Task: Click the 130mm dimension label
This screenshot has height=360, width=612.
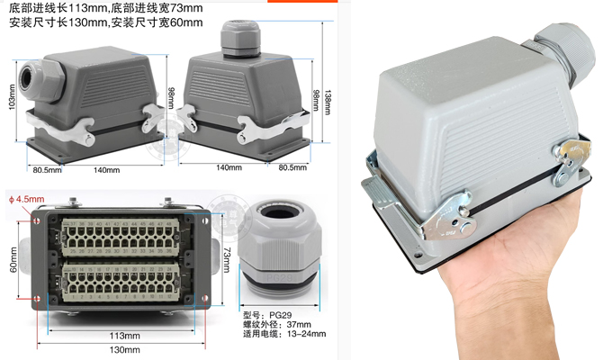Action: [x=124, y=352]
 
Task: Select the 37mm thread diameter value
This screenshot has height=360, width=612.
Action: [x=299, y=325]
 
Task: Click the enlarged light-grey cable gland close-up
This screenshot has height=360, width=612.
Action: [x=281, y=243]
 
